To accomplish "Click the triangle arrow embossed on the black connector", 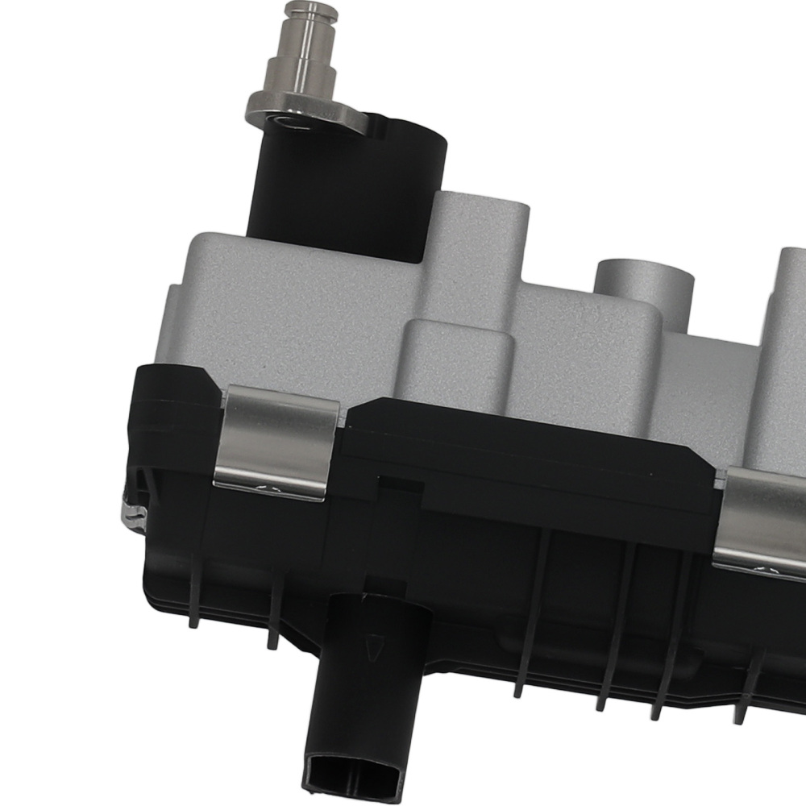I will click(372, 648).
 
